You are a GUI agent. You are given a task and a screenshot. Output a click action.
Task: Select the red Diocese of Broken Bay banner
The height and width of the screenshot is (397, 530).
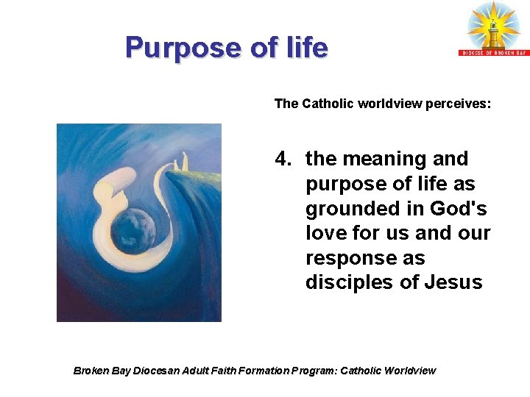[x=494, y=52]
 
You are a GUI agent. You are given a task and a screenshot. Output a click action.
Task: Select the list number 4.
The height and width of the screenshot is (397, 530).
[x=283, y=159]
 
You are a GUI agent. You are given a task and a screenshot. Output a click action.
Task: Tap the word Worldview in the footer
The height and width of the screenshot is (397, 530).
[x=409, y=371]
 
